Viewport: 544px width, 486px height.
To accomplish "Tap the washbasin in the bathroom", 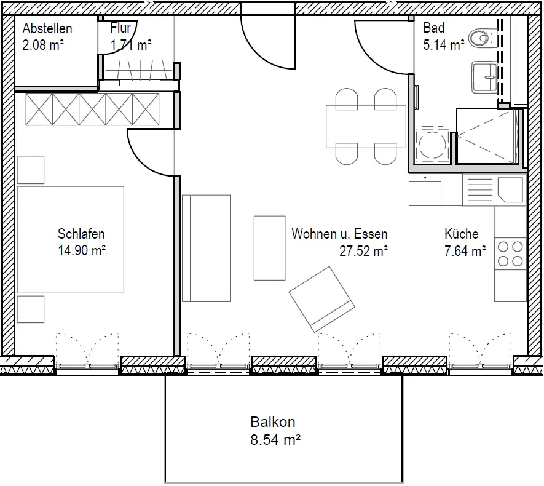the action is [x=484, y=78].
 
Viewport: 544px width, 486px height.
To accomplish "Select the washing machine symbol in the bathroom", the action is [x=432, y=144].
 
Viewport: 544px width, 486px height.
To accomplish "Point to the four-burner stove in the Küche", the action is [x=510, y=254].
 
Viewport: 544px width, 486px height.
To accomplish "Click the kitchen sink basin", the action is [x=510, y=190].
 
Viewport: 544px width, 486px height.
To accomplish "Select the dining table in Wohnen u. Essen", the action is [x=366, y=126].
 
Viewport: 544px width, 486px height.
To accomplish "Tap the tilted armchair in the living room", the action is [x=321, y=299].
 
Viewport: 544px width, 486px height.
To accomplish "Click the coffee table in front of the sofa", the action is [x=270, y=248].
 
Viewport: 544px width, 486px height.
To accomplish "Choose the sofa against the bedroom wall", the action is [x=207, y=248].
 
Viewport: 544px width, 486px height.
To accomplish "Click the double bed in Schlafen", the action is [x=71, y=239].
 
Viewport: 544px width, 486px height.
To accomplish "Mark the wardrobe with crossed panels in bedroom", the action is [x=92, y=109].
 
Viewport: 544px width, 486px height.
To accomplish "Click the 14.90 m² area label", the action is [x=82, y=250].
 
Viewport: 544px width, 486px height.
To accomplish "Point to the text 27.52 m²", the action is [x=364, y=250].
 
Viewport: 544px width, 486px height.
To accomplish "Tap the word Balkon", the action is [x=273, y=422].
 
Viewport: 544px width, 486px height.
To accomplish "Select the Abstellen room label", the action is [x=47, y=28].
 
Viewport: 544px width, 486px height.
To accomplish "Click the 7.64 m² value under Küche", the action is [x=465, y=250].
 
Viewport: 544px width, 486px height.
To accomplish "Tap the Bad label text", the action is [x=434, y=28].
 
